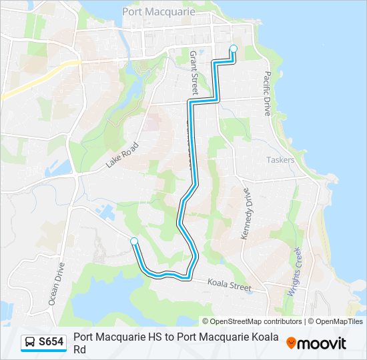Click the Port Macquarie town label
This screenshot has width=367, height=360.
pos(158,11)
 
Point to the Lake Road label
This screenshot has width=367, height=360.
pos(121,155)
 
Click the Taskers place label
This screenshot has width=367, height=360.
pos(280,160)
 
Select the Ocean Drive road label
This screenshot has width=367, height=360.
pos(56,284)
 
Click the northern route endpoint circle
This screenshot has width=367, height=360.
pos(234,48)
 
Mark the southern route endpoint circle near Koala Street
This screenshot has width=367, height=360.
pos(134,241)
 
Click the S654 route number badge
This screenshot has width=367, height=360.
pos(51,343)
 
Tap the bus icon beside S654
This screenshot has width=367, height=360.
pos(30,343)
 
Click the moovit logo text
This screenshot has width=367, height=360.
pos(322,343)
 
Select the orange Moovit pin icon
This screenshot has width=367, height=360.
pos(291,343)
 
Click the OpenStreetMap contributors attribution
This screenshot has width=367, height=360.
pos(252,321)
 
